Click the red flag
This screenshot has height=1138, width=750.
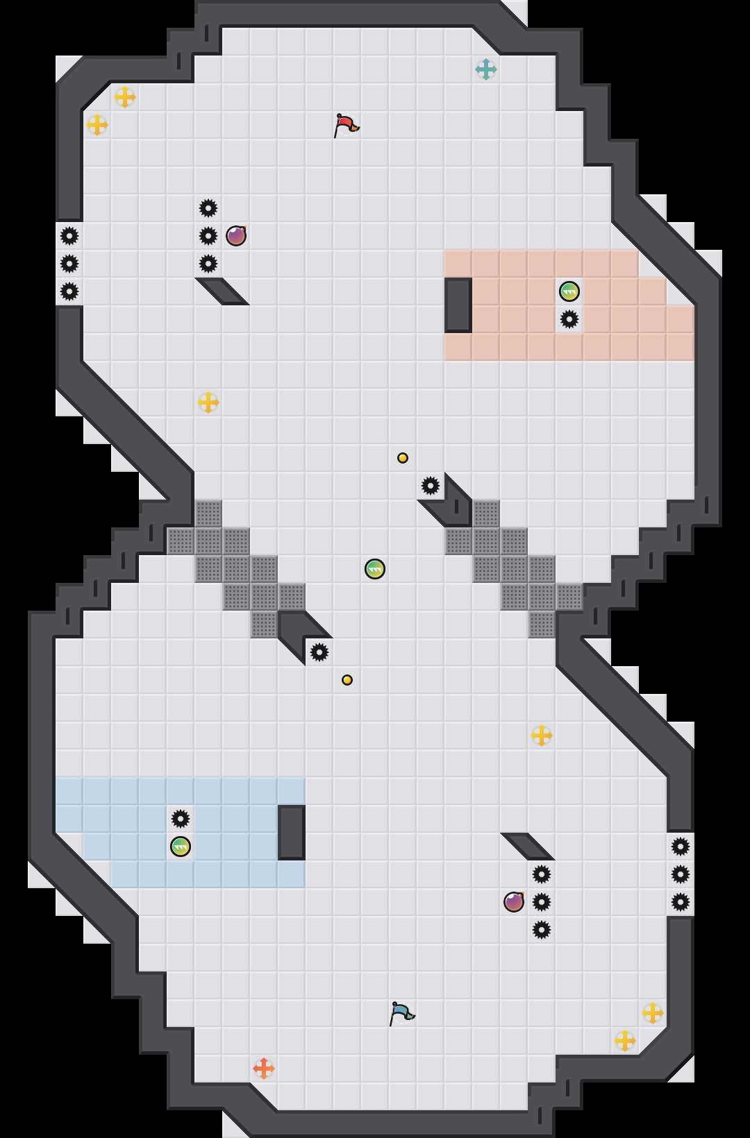345,126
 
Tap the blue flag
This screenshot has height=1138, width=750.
401,1013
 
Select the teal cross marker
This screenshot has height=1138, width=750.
486,69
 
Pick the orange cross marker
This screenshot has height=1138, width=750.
264,1069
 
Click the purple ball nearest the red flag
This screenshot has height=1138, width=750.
236,236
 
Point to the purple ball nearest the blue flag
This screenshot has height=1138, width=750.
514,902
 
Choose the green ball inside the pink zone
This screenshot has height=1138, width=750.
569,291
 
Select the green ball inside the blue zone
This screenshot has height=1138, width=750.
181,847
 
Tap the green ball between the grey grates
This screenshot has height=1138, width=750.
375,569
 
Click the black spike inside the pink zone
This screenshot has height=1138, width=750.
569,319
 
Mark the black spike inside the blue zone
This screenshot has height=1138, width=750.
181,819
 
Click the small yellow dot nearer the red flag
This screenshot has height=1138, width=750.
403,458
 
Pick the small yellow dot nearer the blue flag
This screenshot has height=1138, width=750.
347,680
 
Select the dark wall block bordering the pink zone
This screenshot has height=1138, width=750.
458,305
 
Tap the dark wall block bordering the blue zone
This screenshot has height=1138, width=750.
292,833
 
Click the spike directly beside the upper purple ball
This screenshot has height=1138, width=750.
208,236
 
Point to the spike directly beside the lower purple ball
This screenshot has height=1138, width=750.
542,902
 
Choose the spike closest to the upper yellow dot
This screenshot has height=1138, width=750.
431,486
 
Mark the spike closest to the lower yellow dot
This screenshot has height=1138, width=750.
319,652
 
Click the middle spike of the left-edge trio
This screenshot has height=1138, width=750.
69,264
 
